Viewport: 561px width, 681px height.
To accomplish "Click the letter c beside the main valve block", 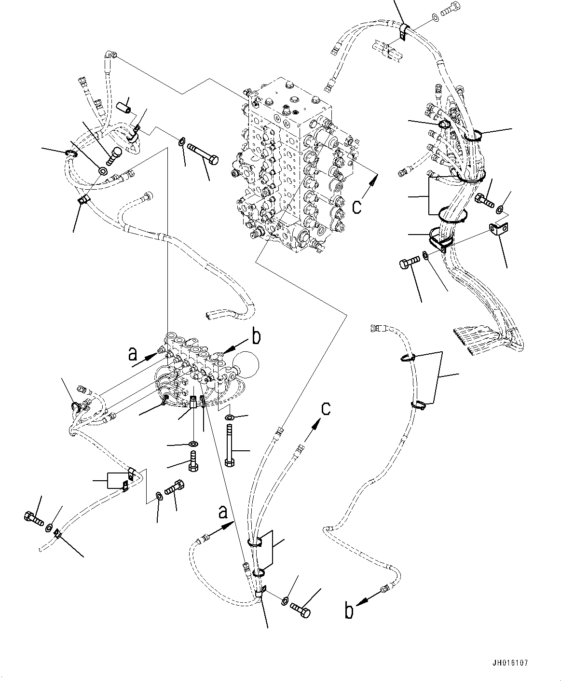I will coord(356,206).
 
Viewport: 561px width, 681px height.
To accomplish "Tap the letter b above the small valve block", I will coord(256,336).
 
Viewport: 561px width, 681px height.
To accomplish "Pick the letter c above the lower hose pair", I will coord(327,408).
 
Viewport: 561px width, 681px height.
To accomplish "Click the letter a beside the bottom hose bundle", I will coord(222,512).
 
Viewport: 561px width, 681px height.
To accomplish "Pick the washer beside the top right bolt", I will coord(436,18).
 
